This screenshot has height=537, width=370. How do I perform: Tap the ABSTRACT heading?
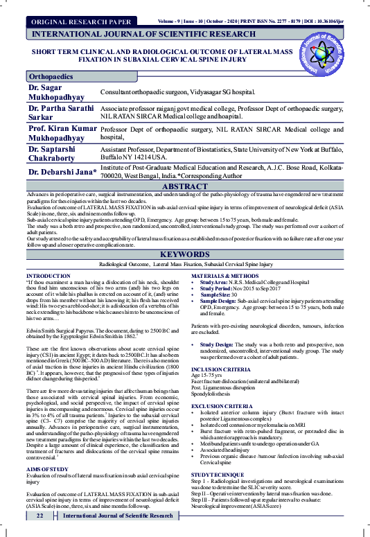pos(185,187)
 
